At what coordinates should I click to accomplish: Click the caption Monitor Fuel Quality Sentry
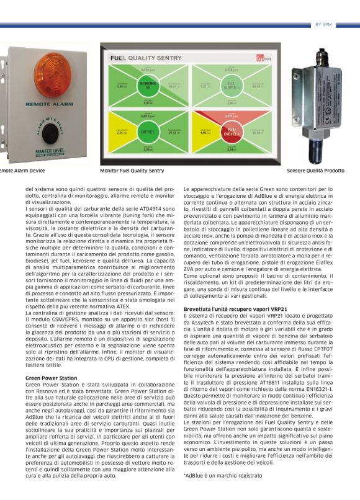click(132, 170)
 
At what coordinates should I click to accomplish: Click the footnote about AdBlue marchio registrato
click(223, 475)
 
